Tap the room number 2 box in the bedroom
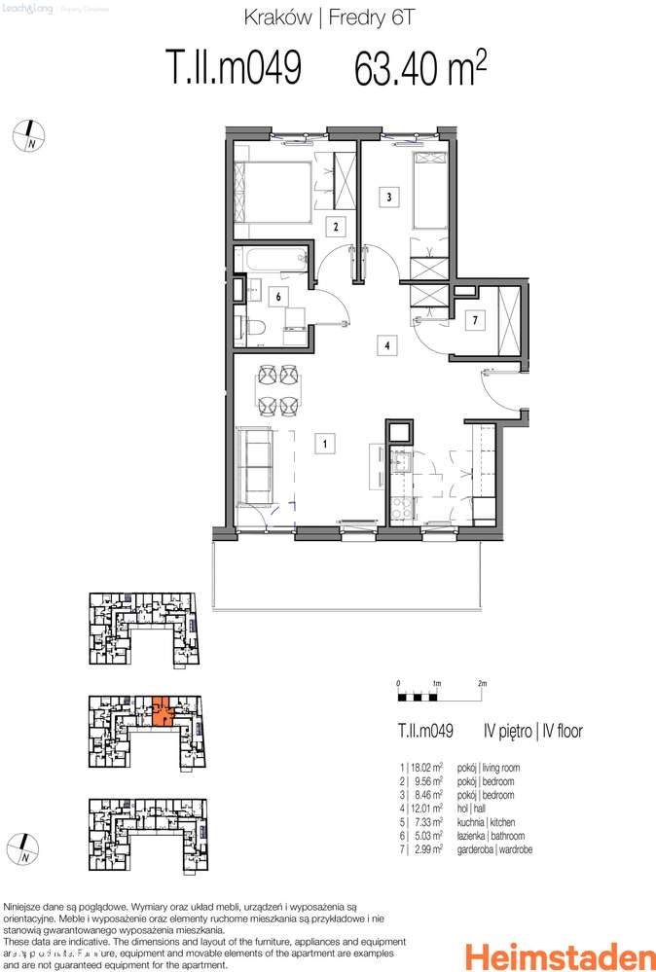click(x=336, y=228)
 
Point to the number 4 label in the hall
click(x=387, y=344)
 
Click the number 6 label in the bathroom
click(x=278, y=297)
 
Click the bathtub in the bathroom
click(x=273, y=260)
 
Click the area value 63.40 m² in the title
click(x=419, y=70)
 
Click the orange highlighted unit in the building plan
click(x=162, y=712)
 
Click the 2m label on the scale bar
click(x=482, y=684)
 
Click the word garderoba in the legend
click(x=505, y=849)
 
